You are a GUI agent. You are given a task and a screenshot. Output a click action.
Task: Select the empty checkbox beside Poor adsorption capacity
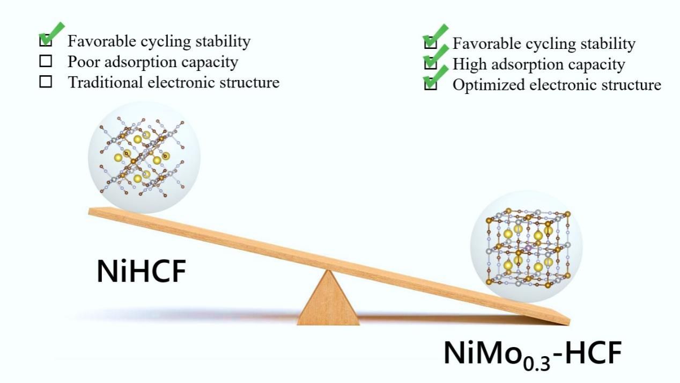pyautogui.click(x=46, y=62)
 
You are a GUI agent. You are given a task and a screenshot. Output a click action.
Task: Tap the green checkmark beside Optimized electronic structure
pyautogui.click(x=434, y=78)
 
